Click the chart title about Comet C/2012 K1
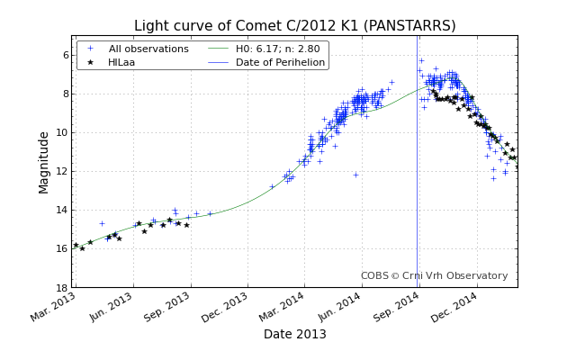[x=294, y=26]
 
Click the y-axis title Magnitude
[x=44, y=162]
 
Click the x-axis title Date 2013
[x=294, y=334]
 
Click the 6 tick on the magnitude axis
[x=66, y=56]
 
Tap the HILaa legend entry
[x=121, y=62]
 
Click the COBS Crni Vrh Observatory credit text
[x=434, y=276]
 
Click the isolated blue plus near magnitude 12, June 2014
[x=355, y=175]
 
